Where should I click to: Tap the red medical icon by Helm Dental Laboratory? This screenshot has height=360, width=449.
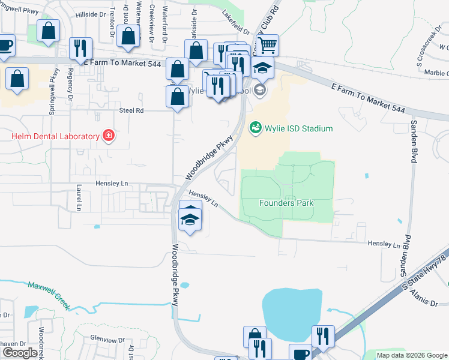[108, 136]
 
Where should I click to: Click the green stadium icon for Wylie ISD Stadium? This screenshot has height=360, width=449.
[255, 128]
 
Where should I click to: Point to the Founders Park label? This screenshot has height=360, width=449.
[286, 203]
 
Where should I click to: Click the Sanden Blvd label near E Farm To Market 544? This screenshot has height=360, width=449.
[414, 140]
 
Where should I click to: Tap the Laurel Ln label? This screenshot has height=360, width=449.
[78, 198]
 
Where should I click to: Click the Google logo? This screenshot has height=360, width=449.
[19, 353]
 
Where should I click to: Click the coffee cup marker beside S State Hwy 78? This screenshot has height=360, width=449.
[300, 353]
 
